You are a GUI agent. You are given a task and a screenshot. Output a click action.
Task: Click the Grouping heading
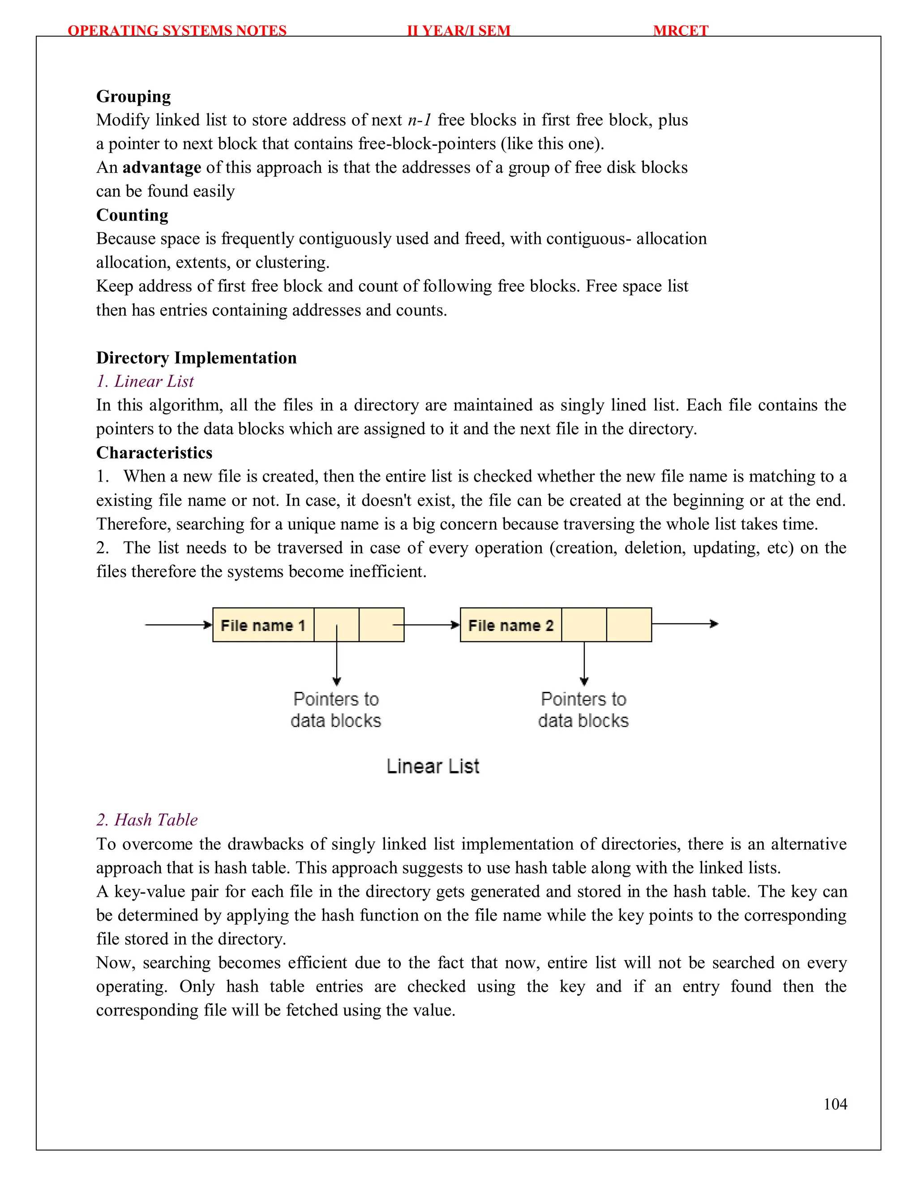pos(133,96)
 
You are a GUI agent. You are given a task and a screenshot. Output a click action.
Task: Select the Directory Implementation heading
pos(196,358)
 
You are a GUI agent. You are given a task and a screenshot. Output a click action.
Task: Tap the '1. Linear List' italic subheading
pos(145,381)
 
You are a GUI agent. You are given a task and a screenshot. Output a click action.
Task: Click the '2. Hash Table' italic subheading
pos(147,819)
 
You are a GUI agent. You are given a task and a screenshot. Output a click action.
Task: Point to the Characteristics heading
pos(154,452)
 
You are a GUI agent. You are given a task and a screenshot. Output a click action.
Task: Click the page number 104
pos(835,1104)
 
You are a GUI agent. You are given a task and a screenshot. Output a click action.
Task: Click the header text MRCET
pos(680,30)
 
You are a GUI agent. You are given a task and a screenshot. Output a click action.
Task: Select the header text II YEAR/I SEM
pos(458,30)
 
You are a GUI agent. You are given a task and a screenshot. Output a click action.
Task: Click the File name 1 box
pos(263,625)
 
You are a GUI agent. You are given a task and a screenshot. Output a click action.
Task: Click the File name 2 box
pos(510,625)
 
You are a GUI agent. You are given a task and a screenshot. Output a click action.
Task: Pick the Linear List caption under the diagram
pos(433,766)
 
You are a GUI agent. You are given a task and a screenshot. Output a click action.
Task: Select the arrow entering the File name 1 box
pos(178,625)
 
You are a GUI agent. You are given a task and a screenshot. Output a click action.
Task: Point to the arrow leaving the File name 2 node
pos(685,624)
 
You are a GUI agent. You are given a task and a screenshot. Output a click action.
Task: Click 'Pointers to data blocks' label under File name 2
pos(583,709)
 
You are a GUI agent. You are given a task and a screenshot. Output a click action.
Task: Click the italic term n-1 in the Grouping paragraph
pos(420,120)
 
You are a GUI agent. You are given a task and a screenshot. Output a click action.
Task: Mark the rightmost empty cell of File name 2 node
pos(629,625)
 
